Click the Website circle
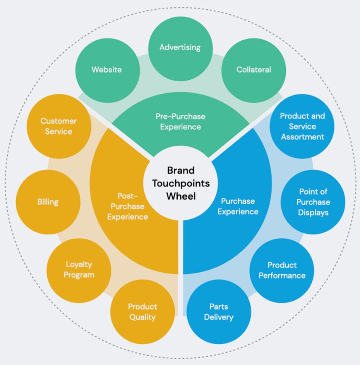point(106,70)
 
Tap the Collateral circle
point(254,70)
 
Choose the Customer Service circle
point(58,126)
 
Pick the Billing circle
point(48,202)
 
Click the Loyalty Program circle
point(79,270)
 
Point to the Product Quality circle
point(142,312)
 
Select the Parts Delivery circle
point(219,312)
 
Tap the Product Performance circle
point(282,270)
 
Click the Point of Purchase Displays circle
point(313,202)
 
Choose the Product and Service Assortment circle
point(302,126)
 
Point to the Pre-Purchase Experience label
point(180,122)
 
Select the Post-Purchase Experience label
point(127,207)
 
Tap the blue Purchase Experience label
point(238,207)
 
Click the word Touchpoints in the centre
point(181,183)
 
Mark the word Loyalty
point(79,265)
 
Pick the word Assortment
point(302,137)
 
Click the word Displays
point(313,212)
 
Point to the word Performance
point(282,275)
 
